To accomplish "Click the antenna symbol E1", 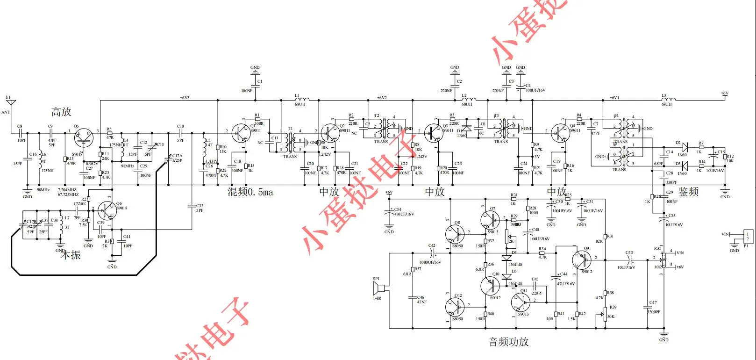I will (11, 103).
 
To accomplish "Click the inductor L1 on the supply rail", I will (301, 99).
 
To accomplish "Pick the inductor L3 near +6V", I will (668, 99).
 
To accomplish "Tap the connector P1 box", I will (747, 237).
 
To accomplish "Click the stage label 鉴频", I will (688, 192).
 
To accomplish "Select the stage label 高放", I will (61, 112).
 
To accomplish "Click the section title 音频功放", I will (508, 342).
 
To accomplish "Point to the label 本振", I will (71, 255).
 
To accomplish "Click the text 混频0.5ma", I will (250, 192).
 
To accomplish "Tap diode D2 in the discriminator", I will (685, 147).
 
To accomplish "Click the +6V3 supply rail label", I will (185, 98).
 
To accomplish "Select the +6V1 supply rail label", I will (614, 98).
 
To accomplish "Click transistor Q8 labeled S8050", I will (455, 234).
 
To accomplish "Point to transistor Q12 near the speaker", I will (455, 307).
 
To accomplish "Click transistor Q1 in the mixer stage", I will (241, 133).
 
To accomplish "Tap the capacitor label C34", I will (398, 209).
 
